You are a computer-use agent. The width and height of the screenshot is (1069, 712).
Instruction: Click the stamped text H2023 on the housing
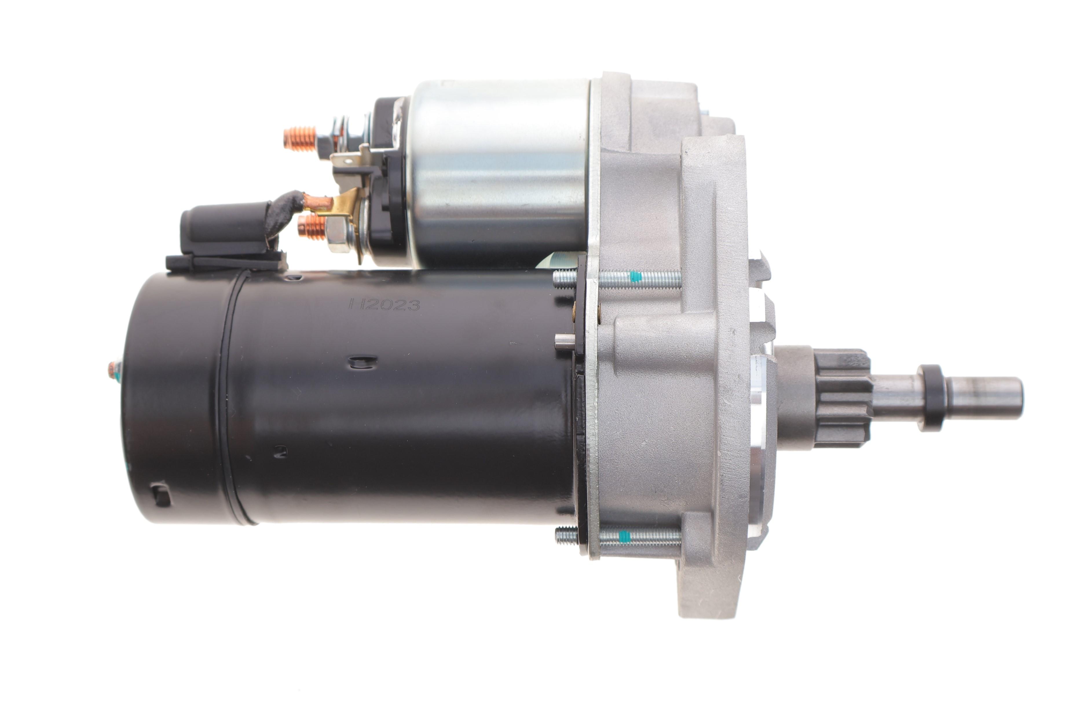(x=384, y=305)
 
